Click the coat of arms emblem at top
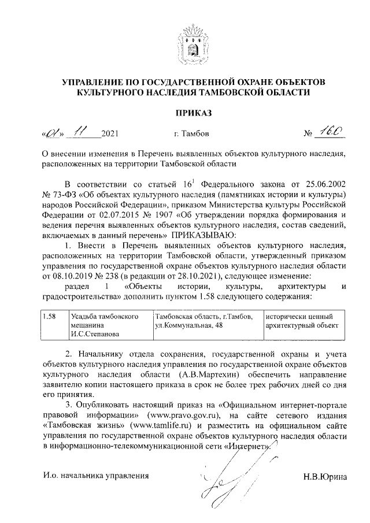pos(194,40)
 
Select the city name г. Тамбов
pos(191,135)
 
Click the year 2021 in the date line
pos(109,135)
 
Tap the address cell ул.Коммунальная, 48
pos(188,325)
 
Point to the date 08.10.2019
pos(63,276)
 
